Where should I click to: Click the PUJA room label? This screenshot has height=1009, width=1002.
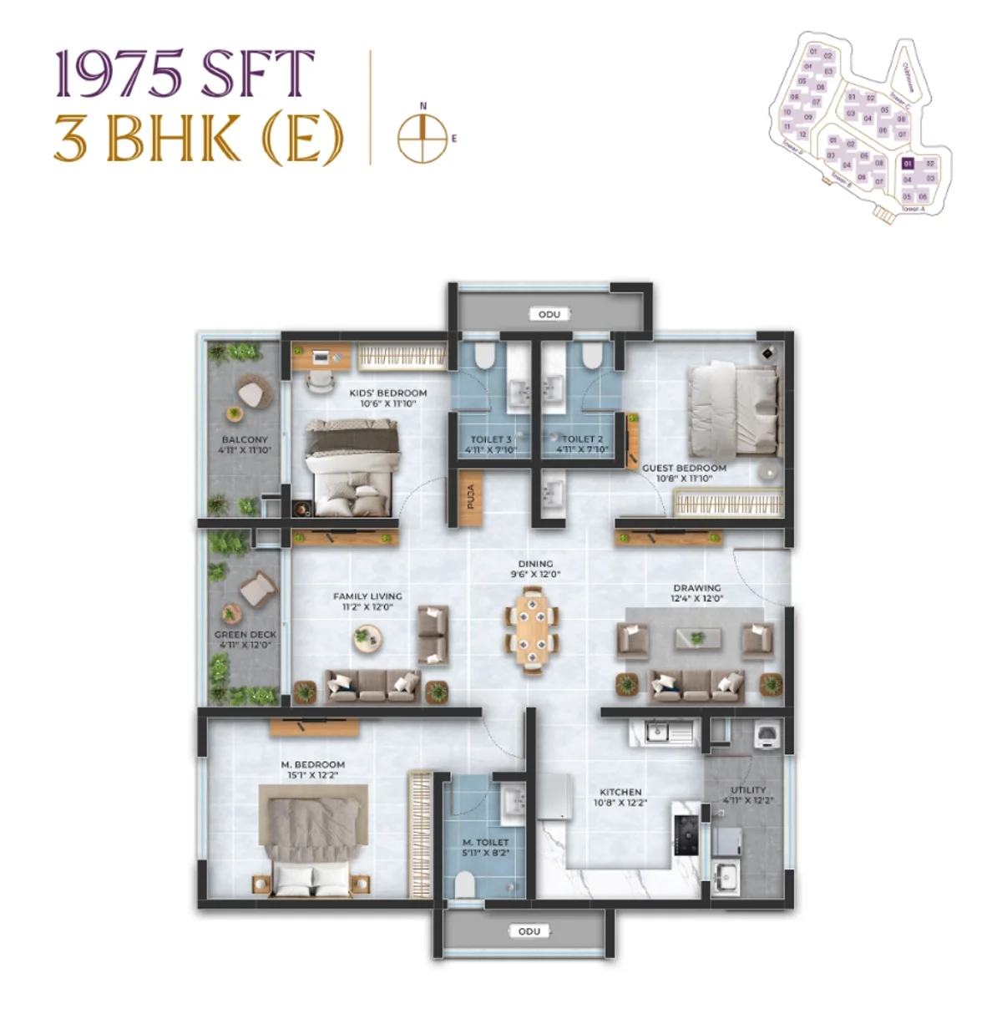(470, 497)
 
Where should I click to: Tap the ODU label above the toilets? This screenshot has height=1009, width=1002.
(549, 314)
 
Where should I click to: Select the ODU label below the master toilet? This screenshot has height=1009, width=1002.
(529, 930)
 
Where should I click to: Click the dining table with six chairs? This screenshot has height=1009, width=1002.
(531, 629)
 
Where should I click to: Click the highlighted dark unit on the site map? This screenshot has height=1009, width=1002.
(908, 164)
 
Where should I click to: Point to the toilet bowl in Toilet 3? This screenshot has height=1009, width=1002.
(483, 357)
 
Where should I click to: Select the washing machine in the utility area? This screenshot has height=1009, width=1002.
(766, 734)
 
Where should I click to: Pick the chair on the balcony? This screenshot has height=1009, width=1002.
(250, 392)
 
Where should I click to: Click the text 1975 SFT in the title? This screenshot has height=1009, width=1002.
(185, 74)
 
